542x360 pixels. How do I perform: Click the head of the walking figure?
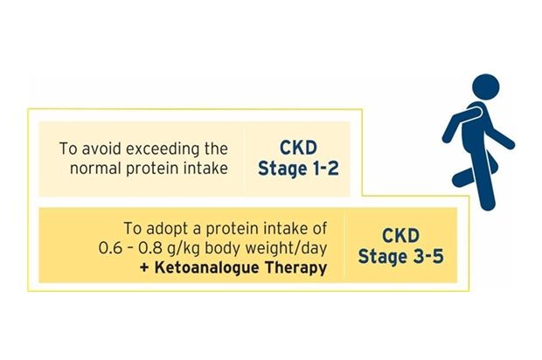coord(486,87)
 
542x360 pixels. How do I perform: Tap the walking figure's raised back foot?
coord(459,180)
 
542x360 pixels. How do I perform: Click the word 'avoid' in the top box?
coord(102,149)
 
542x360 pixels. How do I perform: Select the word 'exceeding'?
coord(163,149)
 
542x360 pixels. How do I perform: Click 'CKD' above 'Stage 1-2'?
coord(298,148)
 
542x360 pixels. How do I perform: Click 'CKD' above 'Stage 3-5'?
coord(400,236)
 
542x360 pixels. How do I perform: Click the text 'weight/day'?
coord(290,249)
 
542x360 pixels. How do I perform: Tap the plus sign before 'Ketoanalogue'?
coord(145,268)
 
